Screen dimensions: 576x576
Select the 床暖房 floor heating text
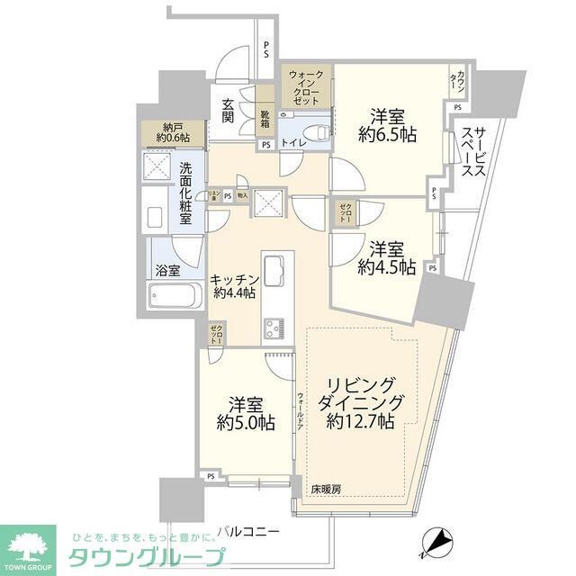click(x=327, y=489)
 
